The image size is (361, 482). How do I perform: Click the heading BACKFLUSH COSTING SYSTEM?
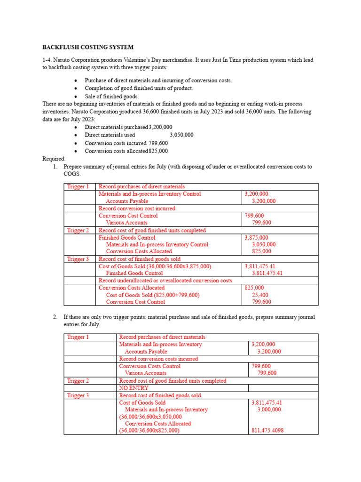tap(88, 48)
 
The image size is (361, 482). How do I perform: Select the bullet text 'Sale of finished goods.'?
tap(112, 96)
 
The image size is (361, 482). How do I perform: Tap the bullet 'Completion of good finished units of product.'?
tap(139, 88)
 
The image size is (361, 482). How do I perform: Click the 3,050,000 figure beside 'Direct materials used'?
tap(181, 135)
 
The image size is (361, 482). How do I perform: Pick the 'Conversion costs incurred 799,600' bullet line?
tap(126, 143)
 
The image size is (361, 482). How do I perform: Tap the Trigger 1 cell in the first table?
tap(78, 187)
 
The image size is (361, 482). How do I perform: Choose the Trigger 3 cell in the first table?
tap(78, 259)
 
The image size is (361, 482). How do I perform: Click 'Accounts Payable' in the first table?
tap(127, 201)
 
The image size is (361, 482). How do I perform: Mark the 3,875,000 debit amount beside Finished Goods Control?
tap(257, 238)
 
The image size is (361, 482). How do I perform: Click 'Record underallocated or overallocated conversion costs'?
tap(165, 281)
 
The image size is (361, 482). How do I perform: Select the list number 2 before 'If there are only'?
tap(55, 317)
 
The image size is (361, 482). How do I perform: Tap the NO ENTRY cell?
tap(134, 388)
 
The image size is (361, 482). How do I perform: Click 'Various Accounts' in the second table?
tap(145, 373)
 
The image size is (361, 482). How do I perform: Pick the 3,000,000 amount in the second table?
tap(269, 410)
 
